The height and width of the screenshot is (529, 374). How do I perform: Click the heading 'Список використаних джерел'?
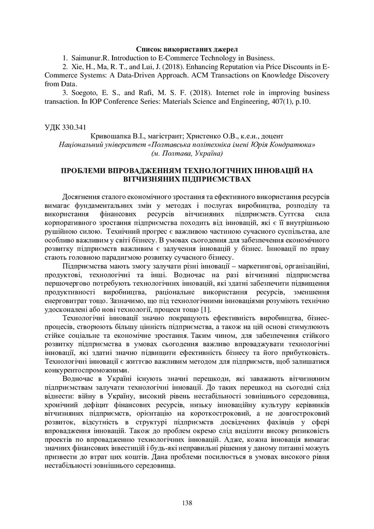point(186,50)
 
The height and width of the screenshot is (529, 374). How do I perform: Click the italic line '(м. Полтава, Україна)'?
point(186,153)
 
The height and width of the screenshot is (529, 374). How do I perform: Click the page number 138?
point(186,503)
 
